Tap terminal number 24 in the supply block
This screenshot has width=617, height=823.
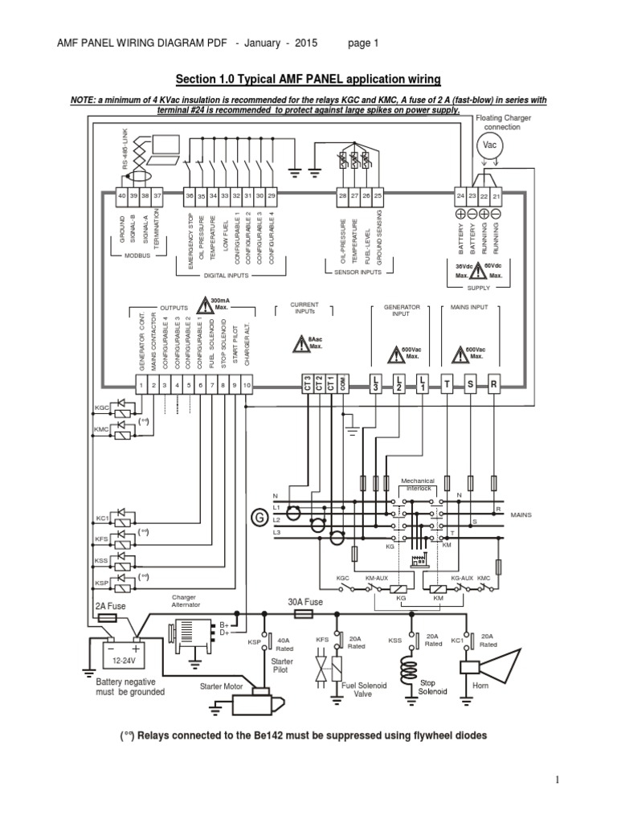(x=461, y=196)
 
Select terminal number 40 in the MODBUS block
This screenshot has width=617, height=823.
(x=121, y=196)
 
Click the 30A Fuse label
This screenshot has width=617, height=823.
(x=304, y=602)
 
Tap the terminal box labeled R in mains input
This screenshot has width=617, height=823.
(x=493, y=386)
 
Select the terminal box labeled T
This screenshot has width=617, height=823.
(x=446, y=386)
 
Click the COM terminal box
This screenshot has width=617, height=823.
(x=343, y=385)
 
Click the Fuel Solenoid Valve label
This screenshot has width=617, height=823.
(x=364, y=690)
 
